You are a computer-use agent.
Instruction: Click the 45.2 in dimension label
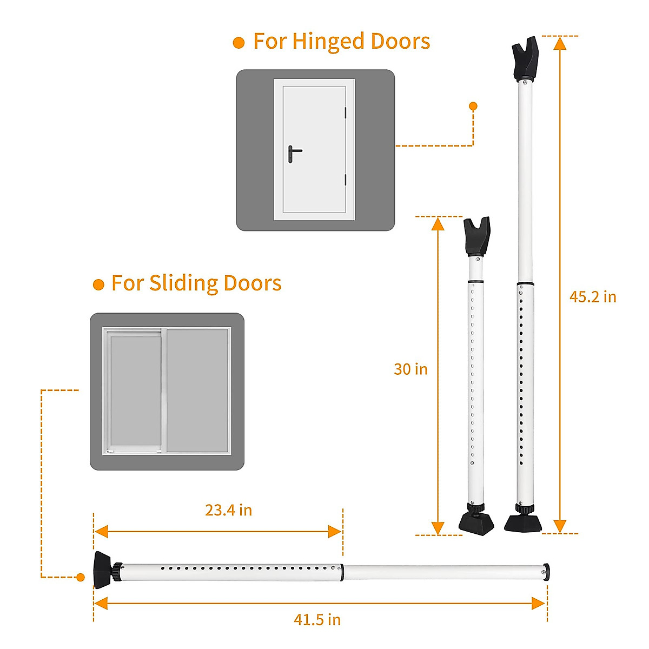[592, 297]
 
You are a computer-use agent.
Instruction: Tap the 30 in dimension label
[410, 369]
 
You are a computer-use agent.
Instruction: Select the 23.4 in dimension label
[228, 510]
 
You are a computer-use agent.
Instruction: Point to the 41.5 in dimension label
[317, 619]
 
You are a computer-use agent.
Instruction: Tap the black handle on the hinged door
[293, 153]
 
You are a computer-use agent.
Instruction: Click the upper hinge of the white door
[345, 112]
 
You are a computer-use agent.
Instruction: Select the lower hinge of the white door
[345, 180]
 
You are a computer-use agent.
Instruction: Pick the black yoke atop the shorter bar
[477, 236]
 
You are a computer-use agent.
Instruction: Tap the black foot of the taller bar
[522, 522]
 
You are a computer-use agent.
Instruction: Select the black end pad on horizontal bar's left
[102, 569]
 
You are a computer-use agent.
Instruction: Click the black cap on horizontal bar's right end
[546, 571]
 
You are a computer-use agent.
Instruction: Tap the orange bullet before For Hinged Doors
[239, 43]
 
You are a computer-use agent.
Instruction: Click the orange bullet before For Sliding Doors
[98, 284]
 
